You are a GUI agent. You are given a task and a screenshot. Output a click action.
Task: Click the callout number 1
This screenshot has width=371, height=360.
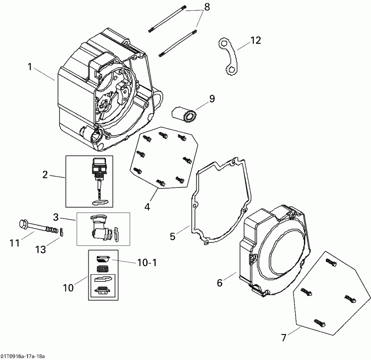pyautogui.click(x=30, y=66)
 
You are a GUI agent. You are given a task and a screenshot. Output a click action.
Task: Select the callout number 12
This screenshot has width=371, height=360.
pyautogui.click(x=255, y=40)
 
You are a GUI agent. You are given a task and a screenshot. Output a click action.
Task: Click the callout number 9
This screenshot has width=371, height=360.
pyautogui.click(x=212, y=98)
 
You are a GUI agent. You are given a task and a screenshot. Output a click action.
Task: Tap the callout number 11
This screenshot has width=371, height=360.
pyautogui.click(x=14, y=243)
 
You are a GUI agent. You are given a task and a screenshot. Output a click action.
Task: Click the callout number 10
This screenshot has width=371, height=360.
pyautogui.click(x=68, y=287)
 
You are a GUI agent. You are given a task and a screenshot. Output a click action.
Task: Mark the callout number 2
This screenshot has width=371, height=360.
pyautogui.click(x=45, y=175)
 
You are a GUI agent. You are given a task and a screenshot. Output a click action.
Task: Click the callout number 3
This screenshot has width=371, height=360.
pyautogui.click(x=56, y=217)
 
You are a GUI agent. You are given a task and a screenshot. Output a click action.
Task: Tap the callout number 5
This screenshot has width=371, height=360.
pyautogui.click(x=173, y=236)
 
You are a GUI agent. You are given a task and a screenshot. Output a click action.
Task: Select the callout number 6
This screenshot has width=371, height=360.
pyautogui.click(x=219, y=283)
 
